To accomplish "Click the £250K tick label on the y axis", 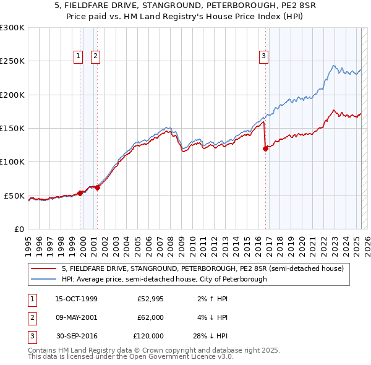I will [12, 61].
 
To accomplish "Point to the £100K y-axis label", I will [12, 162].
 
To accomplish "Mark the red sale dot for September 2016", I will [265, 148].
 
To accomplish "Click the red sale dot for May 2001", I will [97, 187].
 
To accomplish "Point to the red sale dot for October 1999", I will [80, 193].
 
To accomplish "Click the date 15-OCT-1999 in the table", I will [76, 299].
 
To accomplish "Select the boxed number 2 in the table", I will [31, 317].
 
